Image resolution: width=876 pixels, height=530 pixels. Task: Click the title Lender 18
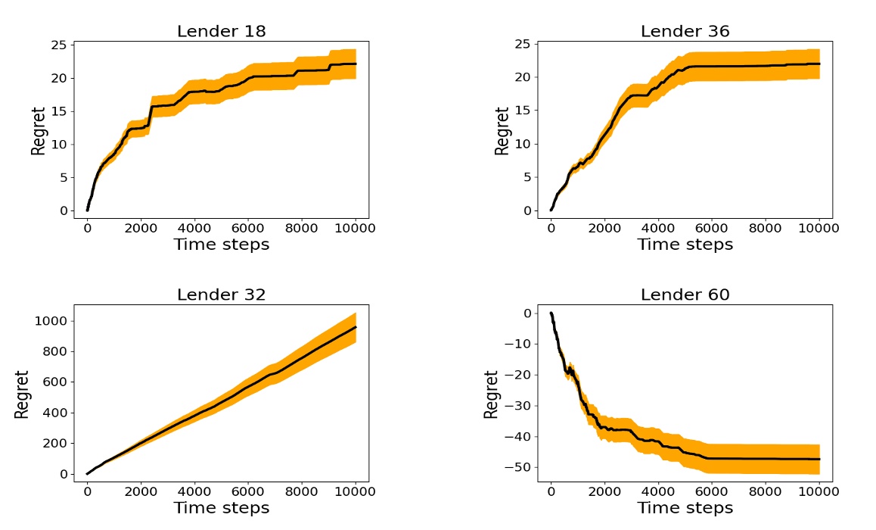(x=221, y=32)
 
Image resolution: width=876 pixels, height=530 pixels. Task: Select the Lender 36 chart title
(x=685, y=32)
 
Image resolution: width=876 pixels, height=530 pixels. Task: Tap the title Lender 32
(x=221, y=295)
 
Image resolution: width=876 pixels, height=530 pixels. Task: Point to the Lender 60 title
(x=685, y=295)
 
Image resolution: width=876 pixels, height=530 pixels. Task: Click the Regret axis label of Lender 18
(x=38, y=131)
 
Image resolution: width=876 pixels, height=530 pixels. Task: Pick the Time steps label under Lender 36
(x=685, y=245)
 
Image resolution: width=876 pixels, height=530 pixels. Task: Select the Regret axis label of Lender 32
(x=21, y=394)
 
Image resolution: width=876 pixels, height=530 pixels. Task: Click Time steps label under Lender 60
(x=685, y=507)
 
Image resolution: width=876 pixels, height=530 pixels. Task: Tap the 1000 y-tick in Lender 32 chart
(x=51, y=321)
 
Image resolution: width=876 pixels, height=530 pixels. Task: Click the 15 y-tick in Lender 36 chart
(x=521, y=111)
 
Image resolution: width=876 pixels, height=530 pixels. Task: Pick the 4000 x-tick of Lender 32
(x=194, y=490)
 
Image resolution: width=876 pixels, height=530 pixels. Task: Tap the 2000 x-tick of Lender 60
(x=604, y=490)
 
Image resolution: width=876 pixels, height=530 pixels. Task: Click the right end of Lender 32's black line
(x=356, y=327)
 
